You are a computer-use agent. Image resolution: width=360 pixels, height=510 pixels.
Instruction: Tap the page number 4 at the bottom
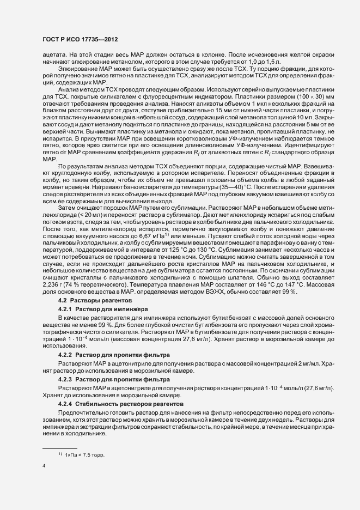click(x=44, y=466)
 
